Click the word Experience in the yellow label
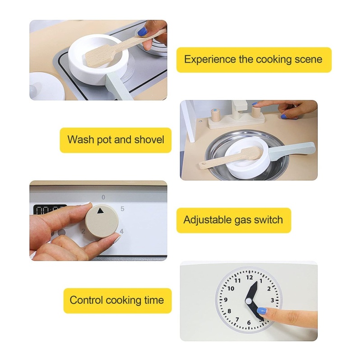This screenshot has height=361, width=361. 210,60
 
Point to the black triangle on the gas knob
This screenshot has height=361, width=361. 100,210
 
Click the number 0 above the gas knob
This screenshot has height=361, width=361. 103,197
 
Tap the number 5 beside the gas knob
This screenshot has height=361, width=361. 122,208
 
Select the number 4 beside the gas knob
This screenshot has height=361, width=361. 121,231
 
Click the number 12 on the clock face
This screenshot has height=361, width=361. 250,278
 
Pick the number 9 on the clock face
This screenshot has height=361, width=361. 226,300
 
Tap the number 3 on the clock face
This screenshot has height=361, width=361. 273,300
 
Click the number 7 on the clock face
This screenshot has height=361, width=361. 237,319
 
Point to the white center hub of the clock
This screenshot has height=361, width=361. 249,301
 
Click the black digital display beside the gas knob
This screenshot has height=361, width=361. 50,209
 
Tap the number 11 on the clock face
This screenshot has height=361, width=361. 237,280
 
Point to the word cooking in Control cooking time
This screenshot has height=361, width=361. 123,301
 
